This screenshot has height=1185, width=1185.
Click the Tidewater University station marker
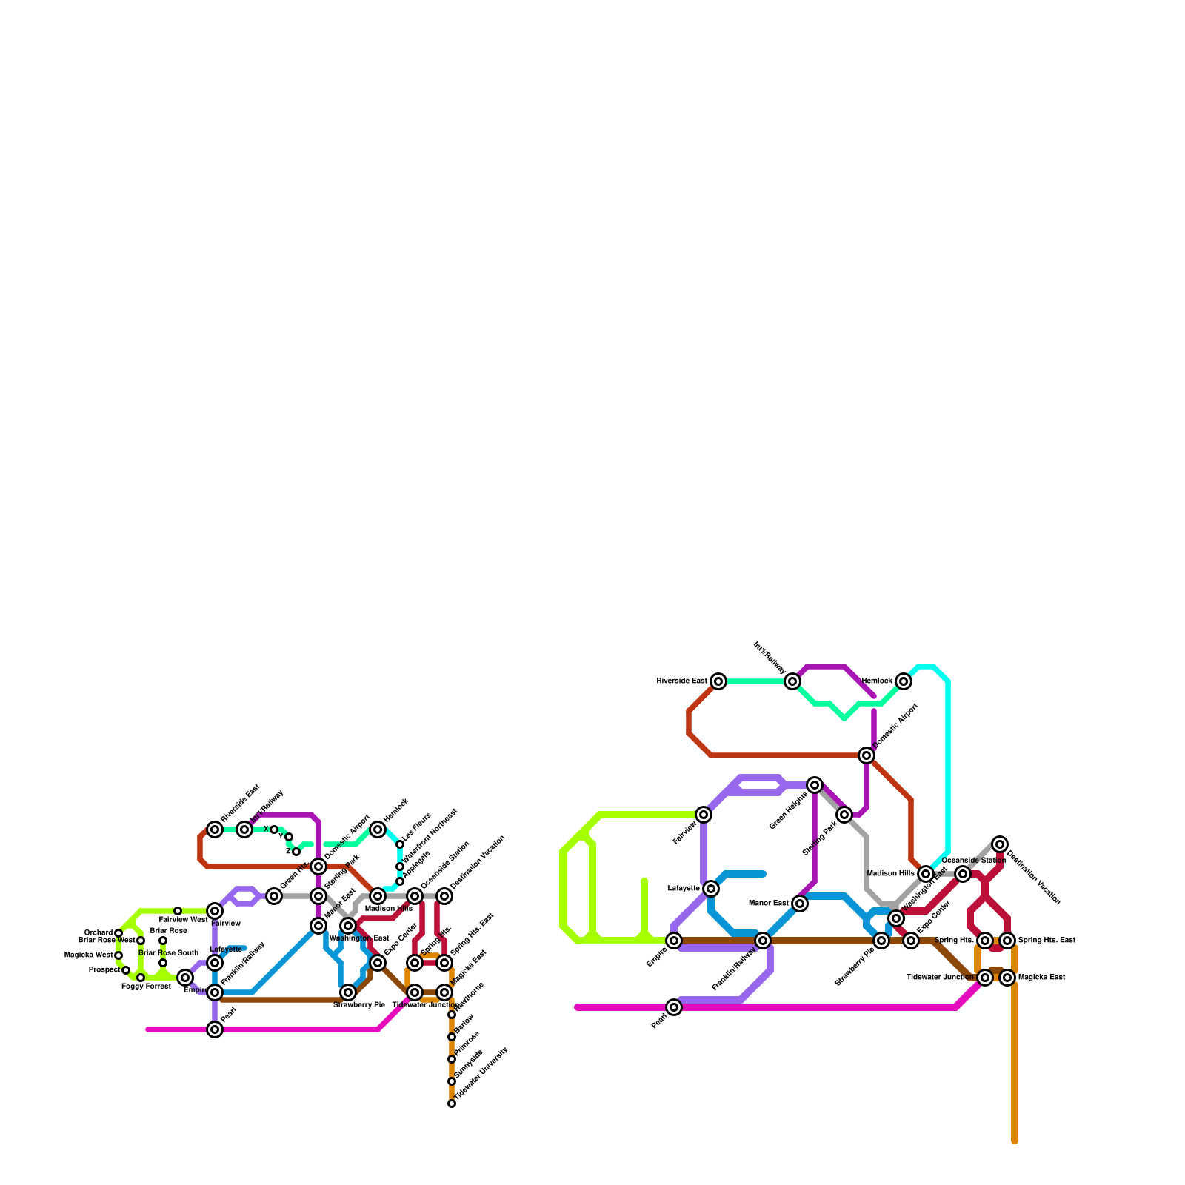[x=452, y=1104]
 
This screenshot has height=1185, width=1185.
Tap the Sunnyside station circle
[x=452, y=1081]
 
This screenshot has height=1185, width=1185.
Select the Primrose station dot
[x=452, y=1059]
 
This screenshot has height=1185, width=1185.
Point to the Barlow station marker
[x=452, y=1037]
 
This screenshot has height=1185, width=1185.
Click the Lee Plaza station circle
[x=400, y=844]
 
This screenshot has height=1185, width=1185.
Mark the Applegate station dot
[x=400, y=881]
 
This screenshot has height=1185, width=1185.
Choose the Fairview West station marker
[x=178, y=911]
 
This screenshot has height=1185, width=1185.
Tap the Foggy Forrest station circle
[x=141, y=978]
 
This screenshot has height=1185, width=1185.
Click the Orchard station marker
[x=118, y=933]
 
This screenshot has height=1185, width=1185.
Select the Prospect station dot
[x=126, y=970]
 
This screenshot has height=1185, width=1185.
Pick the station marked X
[x=274, y=829]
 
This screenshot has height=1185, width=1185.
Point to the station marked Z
[x=296, y=852]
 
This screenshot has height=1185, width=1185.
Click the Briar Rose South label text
[x=168, y=953]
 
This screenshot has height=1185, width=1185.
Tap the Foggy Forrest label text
[x=146, y=987]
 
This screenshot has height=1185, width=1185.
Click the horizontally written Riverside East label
[x=681, y=681]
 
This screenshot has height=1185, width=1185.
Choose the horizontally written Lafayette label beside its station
[x=684, y=889]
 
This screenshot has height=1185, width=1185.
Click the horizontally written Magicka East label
[x=1041, y=978]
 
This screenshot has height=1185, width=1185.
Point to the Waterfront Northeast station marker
[x=400, y=867]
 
